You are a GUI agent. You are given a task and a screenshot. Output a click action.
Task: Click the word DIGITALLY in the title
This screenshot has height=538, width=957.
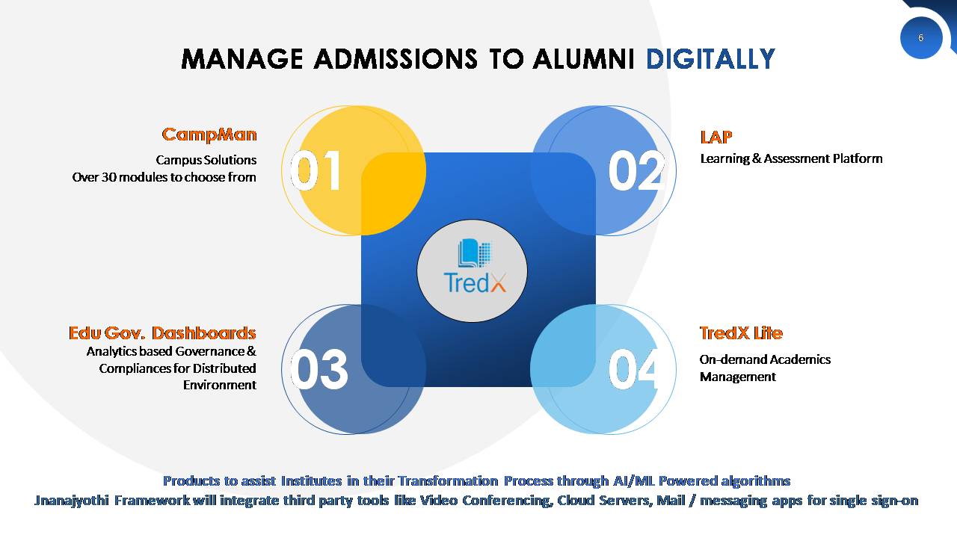(710, 59)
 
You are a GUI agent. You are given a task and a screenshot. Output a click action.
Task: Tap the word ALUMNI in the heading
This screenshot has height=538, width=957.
(584, 59)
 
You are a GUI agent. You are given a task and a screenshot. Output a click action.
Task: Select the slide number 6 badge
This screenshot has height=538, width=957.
(920, 38)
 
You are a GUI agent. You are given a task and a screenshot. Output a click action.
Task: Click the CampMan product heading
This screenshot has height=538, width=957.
(209, 135)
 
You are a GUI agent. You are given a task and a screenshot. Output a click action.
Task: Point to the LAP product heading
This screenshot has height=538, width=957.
(716, 137)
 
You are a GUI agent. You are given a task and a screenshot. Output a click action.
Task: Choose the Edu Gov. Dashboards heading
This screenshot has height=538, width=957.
(162, 333)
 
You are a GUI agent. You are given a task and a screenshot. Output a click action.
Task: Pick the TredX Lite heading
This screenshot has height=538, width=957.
(741, 333)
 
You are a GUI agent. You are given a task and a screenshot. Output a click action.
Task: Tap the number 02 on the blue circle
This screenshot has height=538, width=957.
(636, 171)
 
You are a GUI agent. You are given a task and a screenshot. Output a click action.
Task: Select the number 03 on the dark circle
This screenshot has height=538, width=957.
(319, 369)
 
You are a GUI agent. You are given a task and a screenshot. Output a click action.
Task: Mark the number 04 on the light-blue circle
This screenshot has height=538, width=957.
(633, 369)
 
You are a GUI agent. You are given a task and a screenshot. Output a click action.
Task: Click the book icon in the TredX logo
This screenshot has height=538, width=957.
(474, 253)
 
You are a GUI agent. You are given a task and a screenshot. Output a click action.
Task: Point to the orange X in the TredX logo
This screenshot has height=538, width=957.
(498, 283)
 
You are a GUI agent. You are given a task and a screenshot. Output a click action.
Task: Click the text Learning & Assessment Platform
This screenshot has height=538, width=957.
(791, 159)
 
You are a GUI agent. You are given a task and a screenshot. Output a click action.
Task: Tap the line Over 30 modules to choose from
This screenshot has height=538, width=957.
(164, 177)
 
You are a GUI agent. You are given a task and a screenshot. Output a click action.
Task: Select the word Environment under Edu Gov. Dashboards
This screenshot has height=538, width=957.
(220, 385)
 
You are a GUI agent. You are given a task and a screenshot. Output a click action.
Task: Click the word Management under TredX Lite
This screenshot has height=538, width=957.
(738, 377)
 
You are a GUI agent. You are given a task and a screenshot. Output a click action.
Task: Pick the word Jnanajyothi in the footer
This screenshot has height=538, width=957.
(72, 501)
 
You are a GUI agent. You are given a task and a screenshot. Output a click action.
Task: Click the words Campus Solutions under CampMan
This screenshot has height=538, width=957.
(206, 160)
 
